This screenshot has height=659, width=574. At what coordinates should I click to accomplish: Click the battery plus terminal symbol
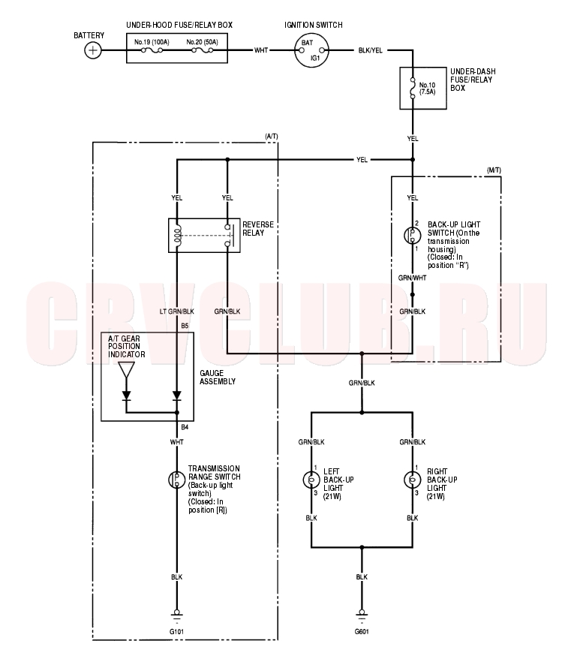click(x=93, y=51)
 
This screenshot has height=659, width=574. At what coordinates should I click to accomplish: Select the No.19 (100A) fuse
click(x=152, y=50)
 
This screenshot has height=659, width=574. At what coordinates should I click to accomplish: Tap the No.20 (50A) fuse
click(x=202, y=50)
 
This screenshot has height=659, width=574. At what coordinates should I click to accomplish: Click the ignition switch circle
click(x=311, y=51)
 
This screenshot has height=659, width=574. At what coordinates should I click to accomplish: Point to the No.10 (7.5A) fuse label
click(x=428, y=89)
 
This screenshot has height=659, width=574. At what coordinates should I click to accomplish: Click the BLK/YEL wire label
click(x=370, y=50)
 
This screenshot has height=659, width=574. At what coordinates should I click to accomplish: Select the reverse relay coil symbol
click(x=177, y=236)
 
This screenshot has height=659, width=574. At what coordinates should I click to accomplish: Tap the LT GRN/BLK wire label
click(x=177, y=311)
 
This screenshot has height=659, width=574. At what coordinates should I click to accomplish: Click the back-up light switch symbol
click(x=412, y=236)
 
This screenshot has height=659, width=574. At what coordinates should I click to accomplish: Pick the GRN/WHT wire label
click(x=412, y=278)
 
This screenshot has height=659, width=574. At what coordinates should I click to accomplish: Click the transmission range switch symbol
click(x=177, y=480)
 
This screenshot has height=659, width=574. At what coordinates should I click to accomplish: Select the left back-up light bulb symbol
click(x=311, y=480)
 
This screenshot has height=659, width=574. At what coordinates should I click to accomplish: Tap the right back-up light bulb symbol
click(x=412, y=480)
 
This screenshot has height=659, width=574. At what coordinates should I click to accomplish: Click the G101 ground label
click(x=177, y=632)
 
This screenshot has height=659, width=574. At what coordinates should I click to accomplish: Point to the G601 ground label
click(x=362, y=632)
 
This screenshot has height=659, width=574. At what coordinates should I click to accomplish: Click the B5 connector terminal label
click(x=185, y=326)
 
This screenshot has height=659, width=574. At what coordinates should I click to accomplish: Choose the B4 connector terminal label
click(x=185, y=427)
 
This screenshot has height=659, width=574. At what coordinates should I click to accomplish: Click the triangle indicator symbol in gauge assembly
click(x=127, y=370)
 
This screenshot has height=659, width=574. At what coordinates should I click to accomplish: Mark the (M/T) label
click(x=494, y=170)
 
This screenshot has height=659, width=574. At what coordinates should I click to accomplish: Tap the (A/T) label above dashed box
click(x=271, y=137)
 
